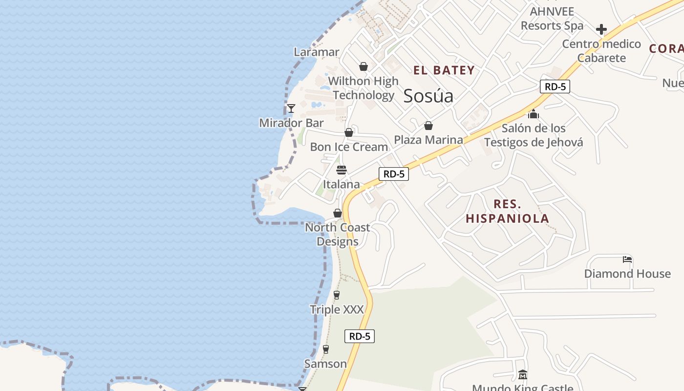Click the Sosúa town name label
(428, 96)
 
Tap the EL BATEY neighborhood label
(444, 70)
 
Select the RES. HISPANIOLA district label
(508, 211)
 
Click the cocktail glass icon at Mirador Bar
(291, 108)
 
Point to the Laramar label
(316, 52)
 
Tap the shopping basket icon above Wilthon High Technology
(363, 66)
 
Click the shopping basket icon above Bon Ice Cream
(349, 132)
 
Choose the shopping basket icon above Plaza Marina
(428, 126)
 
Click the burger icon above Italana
(342, 170)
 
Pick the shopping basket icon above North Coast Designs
(338, 213)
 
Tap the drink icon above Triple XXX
(337, 295)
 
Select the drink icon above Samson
(326, 349)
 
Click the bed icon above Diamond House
(627, 259)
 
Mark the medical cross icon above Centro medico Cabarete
(601, 29)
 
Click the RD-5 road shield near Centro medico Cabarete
(556, 87)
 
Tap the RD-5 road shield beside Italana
(394, 174)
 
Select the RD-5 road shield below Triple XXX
(360, 336)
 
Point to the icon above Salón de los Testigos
(534, 114)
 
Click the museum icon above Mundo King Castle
(522, 375)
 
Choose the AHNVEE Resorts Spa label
(552, 18)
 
